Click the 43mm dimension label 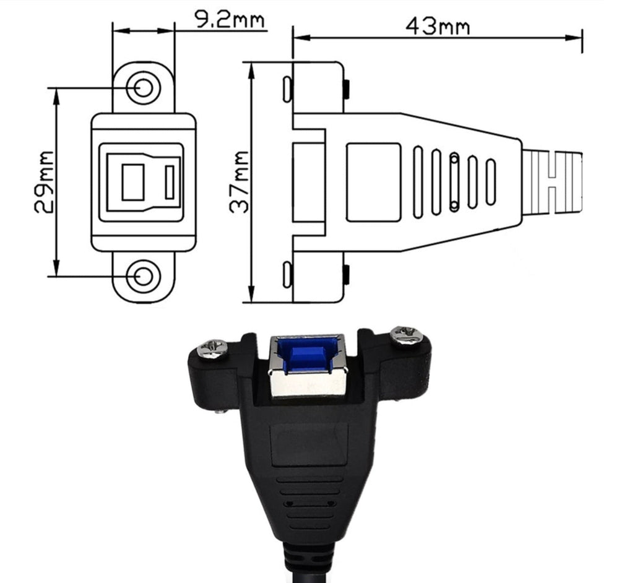pos(437,26)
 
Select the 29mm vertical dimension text pos(44,182)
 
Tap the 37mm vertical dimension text pos(239,182)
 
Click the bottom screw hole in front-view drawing pos(144,277)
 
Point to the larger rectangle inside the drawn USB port pos(133,182)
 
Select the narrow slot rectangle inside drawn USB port pos(170,182)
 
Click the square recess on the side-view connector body pos(373,182)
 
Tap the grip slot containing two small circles pos(454,182)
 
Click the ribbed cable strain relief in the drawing pos(553,182)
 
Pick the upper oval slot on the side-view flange pos(287,89)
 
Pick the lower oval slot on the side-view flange pos(287,275)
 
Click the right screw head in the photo pos(407,337)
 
